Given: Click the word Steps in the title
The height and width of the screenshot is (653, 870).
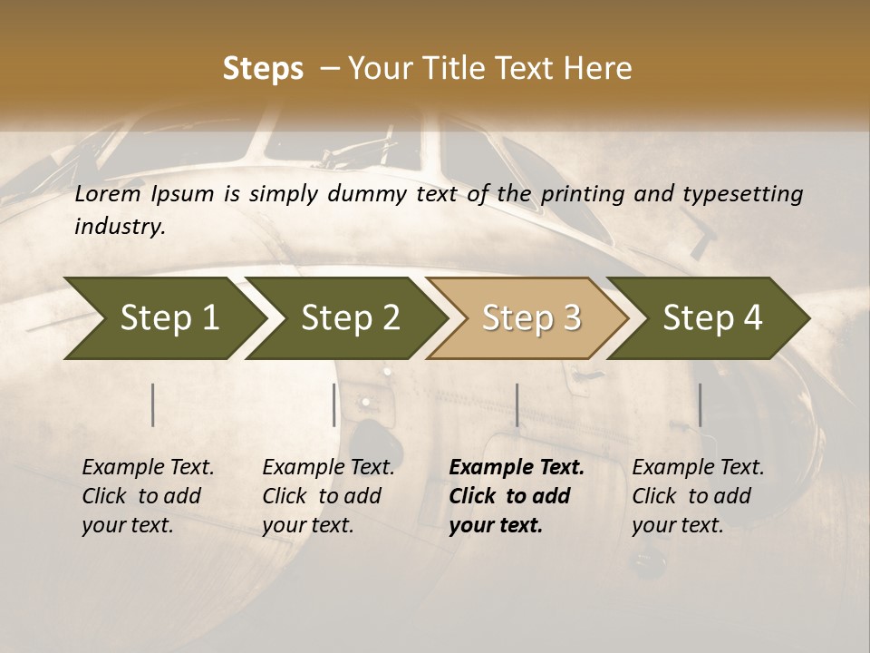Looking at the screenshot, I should (x=263, y=69).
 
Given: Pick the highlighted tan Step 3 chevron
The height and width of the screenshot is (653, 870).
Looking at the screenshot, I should (x=531, y=317).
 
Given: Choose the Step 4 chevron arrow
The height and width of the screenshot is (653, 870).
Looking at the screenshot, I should (x=712, y=317).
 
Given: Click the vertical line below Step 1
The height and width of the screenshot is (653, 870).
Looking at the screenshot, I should (x=152, y=404).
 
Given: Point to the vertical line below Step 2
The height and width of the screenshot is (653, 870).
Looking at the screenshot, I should (x=334, y=404).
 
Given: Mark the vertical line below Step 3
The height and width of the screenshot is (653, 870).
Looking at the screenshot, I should (x=517, y=404).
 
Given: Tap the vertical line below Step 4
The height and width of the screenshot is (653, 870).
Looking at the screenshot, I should (x=700, y=404).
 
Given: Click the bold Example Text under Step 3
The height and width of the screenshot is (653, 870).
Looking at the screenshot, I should (x=517, y=467).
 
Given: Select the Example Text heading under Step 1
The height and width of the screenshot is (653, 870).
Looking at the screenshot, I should (x=148, y=467).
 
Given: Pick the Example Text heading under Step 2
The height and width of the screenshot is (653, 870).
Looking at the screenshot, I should (x=328, y=467).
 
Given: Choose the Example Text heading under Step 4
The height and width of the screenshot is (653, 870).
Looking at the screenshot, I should (x=698, y=467).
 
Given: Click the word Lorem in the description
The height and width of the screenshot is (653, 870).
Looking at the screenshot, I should (x=108, y=193).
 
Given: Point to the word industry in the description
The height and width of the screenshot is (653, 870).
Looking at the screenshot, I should (x=120, y=226).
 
